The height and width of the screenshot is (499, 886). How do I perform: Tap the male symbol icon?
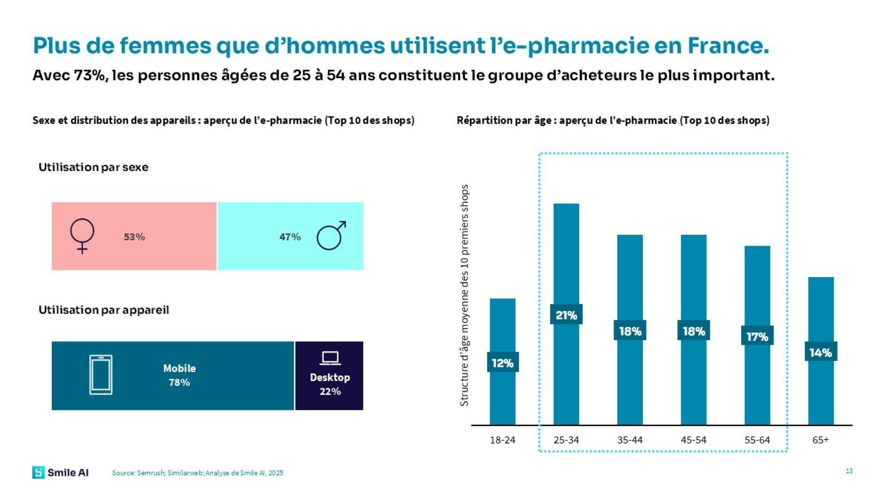(331, 236)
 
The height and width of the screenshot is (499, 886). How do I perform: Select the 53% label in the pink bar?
(134, 237)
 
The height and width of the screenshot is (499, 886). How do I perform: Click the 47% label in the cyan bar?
(290, 237)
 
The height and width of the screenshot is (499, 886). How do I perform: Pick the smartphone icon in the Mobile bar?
(101, 375)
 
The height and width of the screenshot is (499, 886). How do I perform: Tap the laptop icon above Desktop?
(330, 358)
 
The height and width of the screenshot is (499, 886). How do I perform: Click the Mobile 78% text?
(180, 375)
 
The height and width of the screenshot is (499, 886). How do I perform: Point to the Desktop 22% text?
(330, 384)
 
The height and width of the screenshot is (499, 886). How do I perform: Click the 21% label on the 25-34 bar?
(566, 315)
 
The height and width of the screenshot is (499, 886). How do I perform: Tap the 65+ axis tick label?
(820, 440)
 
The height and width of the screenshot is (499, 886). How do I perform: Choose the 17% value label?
(757, 336)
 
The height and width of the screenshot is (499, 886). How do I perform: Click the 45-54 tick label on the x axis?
(694, 440)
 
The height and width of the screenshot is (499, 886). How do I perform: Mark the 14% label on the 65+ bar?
(820, 353)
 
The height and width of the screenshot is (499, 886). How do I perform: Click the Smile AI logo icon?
(38, 472)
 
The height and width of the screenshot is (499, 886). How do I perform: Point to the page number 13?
(849, 471)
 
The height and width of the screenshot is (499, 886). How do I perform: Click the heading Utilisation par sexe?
(93, 167)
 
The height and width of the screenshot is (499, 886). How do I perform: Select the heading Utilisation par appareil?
(104, 310)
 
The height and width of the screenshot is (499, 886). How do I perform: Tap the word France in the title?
(728, 45)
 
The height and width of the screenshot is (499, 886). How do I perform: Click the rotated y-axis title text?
(464, 296)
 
